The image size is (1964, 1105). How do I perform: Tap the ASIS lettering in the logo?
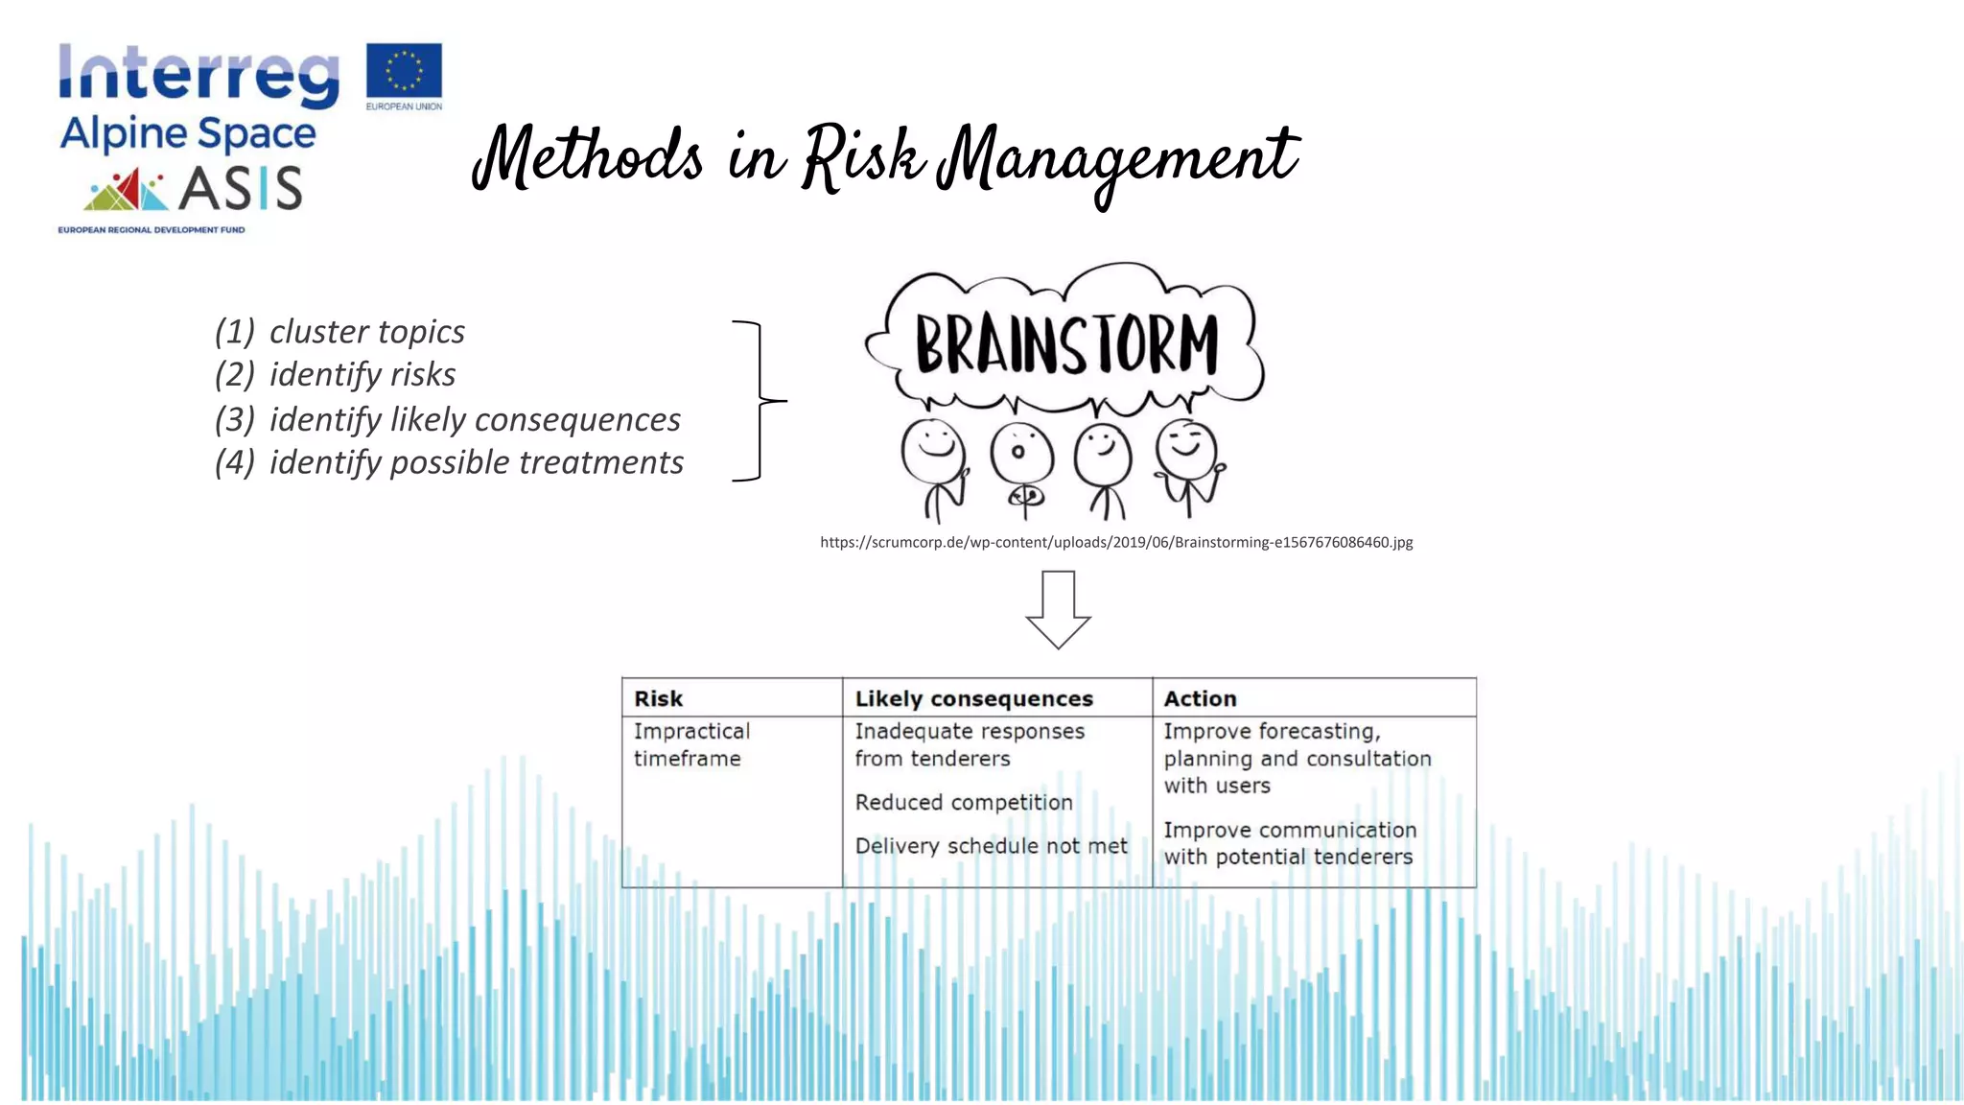(x=241, y=187)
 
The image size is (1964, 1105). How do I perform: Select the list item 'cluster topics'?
(x=366, y=332)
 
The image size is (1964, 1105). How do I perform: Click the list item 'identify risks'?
(x=362, y=374)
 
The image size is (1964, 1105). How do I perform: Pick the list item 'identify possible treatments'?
(x=476, y=462)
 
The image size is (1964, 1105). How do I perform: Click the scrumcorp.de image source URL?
(x=1116, y=542)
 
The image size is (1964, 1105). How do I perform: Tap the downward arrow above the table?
(x=1058, y=608)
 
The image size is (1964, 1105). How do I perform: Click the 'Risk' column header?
(x=659, y=698)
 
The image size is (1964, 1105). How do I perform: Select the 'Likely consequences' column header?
(x=973, y=698)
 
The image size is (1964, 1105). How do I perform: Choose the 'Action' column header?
(x=1200, y=698)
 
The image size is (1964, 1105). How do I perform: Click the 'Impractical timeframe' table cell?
(x=691, y=744)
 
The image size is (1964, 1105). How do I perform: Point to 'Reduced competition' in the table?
(x=964, y=802)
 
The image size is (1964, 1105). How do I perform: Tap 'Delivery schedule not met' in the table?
(x=991, y=846)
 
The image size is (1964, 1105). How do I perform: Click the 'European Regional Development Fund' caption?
(x=152, y=230)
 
